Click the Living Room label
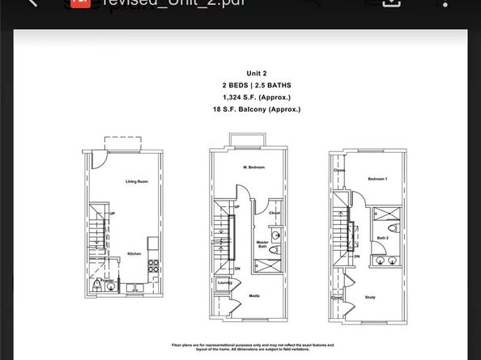point(136,181)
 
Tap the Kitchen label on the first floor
point(134,254)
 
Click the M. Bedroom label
point(256,167)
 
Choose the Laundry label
point(223,282)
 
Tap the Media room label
point(253,296)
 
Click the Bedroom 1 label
point(378,178)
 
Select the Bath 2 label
point(382,238)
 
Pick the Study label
point(370,297)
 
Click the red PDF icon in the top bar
point(79,2)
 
